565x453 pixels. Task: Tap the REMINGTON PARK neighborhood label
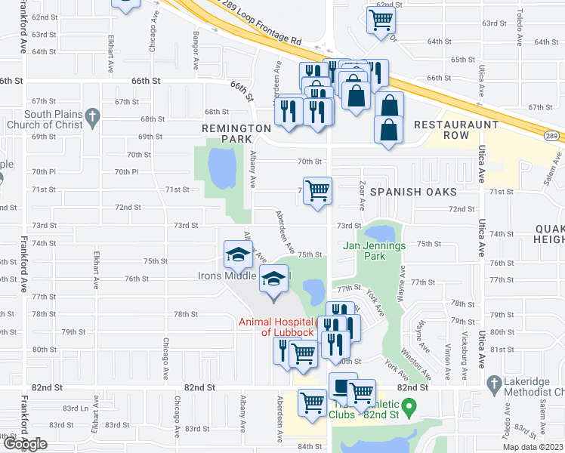click(236, 134)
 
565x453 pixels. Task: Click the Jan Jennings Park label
click(375, 250)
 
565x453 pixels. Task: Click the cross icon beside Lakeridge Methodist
click(494, 383)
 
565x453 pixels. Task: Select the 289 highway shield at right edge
click(551, 134)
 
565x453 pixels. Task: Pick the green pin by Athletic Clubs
click(409, 408)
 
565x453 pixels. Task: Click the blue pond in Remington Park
click(221, 168)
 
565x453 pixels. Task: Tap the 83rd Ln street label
click(76, 408)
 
